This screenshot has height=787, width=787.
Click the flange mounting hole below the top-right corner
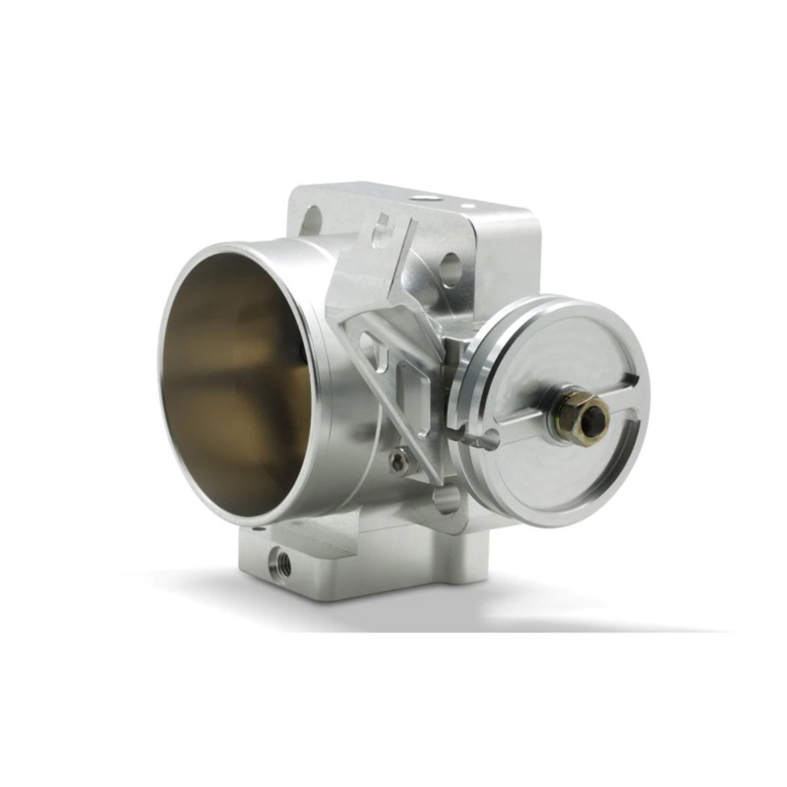[452, 265]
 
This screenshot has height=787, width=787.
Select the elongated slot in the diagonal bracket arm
[373, 344]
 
